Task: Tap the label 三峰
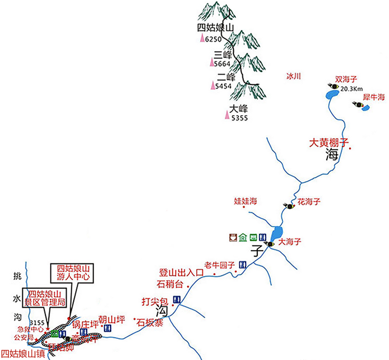click(222, 54)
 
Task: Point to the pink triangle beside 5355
click(226, 115)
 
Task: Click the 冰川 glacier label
click(293, 77)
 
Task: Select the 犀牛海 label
click(374, 97)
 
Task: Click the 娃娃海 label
click(245, 200)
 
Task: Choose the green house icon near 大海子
click(242, 238)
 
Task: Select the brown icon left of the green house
click(231, 238)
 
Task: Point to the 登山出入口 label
click(178, 272)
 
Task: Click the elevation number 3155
click(37, 322)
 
